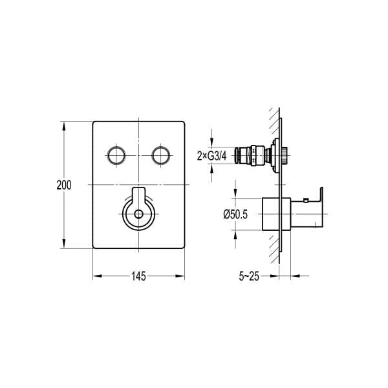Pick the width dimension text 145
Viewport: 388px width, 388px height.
[x=138, y=276]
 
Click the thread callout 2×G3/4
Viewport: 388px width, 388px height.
[x=213, y=155]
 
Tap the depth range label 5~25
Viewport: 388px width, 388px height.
[x=248, y=276]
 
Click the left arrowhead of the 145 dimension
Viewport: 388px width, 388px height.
[x=98, y=276]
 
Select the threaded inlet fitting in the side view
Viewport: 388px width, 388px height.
[x=249, y=155]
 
